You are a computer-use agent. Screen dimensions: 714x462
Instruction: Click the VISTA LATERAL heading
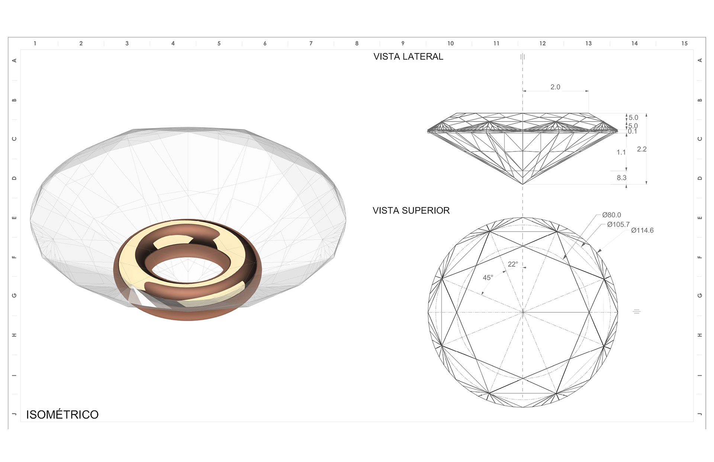point(408,57)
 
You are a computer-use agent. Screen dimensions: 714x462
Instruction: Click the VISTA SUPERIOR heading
point(411,211)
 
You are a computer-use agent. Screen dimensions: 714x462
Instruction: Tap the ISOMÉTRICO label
point(62,414)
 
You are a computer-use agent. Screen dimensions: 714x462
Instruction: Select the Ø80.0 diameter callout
point(611,215)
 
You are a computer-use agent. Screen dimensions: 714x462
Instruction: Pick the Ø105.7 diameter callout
point(618,224)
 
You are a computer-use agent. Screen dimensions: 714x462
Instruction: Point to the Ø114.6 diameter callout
point(642,230)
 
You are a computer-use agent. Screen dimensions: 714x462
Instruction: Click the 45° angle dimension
point(488,277)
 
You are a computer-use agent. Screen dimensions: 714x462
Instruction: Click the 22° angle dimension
point(513,264)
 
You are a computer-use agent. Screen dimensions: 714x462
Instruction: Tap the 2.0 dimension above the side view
point(555,87)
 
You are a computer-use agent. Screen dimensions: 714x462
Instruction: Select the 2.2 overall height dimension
point(642,149)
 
